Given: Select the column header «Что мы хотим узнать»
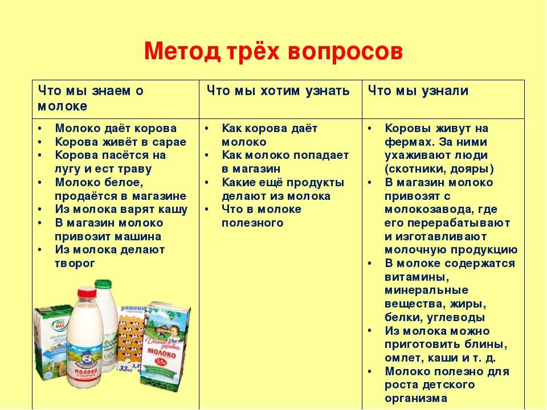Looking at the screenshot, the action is click(x=277, y=91).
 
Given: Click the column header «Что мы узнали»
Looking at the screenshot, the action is click(x=418, y=91).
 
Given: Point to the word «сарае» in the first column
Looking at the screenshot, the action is click(x=169, y=142).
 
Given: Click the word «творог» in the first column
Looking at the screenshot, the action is click(x=75, y=264).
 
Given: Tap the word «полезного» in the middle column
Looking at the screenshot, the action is click(x=252, y=223).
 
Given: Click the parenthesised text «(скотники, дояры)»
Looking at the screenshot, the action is click(x=439, y=169).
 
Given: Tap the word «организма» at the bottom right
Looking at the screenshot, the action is click(x=416, y=399).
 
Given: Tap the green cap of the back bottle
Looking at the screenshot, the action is click(x=103, y=284).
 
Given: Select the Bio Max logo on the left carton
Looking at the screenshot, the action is click(x=58, y=325).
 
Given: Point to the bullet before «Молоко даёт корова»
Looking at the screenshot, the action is click(x=40, y=128).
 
